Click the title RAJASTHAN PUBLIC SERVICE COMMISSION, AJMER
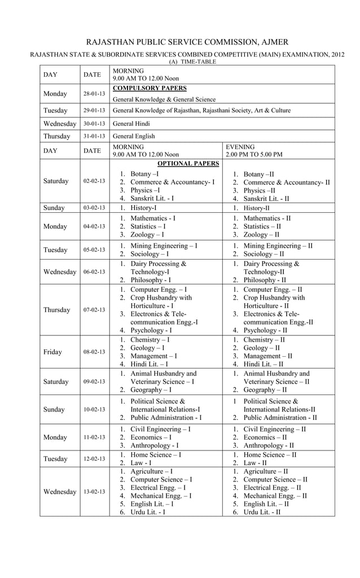point(186,42)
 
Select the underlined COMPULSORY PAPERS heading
point(150,89)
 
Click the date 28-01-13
point(94,94)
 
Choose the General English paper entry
point(134,136)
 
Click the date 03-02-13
point(94,208)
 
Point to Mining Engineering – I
point(164,246)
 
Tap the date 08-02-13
point(94,352)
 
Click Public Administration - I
point(166,418)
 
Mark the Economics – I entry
point(151,437)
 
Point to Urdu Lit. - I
point(148,511)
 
